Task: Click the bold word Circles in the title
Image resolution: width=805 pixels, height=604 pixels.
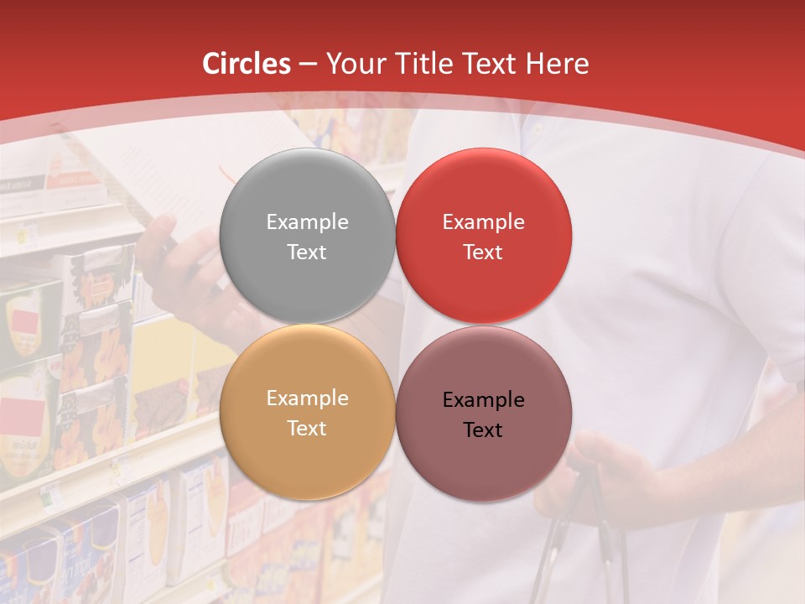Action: tap(247, 64)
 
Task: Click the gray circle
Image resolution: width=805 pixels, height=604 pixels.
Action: tap(307, 185)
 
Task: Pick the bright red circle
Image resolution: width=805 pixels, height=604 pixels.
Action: tap(484, 185)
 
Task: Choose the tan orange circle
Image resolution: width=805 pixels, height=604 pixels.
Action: tap(307, 461)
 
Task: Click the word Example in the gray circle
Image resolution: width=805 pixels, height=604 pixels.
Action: tap(307, 222)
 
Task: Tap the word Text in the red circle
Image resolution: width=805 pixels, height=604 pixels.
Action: tap(483, 253)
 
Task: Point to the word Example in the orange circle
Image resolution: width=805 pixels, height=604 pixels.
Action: tap(307, 398)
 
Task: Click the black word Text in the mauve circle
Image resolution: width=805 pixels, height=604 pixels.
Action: tap(483, 430)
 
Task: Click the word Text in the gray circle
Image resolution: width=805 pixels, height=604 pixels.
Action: tap(307, 253)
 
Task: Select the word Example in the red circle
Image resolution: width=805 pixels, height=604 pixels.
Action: tap(483, 222)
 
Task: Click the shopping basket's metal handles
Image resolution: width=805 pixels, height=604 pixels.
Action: tap(579, 537)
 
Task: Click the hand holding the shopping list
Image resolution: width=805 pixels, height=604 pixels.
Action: tap(180, 268)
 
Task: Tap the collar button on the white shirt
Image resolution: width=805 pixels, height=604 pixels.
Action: tap(538, 131)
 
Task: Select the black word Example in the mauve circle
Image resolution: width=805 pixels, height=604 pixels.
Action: tap(483, 400)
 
